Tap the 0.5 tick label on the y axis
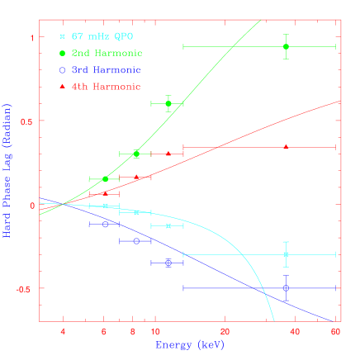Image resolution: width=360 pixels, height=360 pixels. [x=25, y=121]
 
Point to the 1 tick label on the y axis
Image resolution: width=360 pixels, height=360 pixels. [x=31, y=37]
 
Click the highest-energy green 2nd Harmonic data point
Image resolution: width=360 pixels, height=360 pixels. [x=286, y=47]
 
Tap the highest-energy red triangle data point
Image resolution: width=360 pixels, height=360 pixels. [x=286, y=146]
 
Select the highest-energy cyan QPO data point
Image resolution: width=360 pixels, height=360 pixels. [x=286, y=254]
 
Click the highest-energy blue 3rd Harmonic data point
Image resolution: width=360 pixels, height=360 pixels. [x=286, y=288]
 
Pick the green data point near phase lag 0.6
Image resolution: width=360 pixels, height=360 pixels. [x=168, y=103]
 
